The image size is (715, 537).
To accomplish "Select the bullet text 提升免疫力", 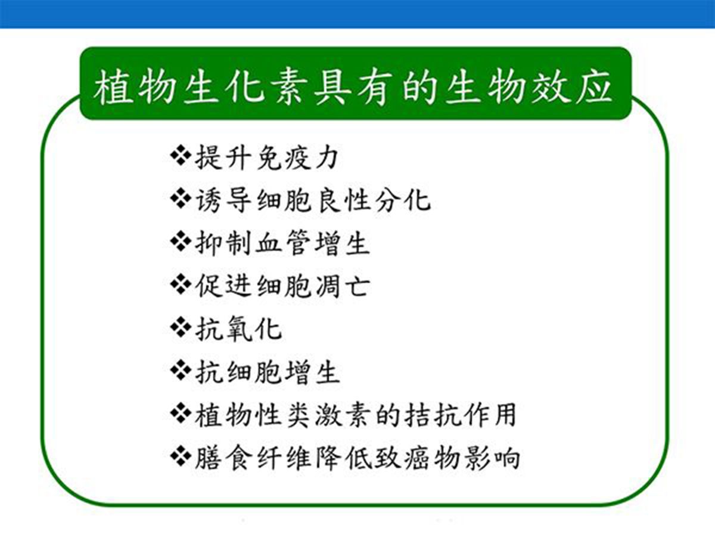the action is [x=266, y=158].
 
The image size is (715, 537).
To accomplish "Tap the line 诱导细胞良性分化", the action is [x=313, y=200].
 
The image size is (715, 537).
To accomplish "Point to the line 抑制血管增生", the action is [x=282, y=243].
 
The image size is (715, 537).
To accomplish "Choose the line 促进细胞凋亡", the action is [x=282, y=286].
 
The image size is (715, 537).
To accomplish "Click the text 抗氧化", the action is [x=238, y=329].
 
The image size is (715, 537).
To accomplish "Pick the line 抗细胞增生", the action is [x=267, y=372].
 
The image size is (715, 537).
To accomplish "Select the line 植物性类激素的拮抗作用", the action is [x=355, y=415].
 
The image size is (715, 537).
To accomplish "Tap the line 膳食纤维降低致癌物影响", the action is [x=357, y=458].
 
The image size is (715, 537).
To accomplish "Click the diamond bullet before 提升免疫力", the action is [x=181, y=156].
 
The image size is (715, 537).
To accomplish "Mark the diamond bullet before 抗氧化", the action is [x=181, y=327].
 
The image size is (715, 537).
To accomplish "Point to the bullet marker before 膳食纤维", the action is [x=181, y=456].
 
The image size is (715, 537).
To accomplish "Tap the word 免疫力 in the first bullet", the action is [x=297, y=158].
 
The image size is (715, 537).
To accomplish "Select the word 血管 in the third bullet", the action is [x=282, y=243].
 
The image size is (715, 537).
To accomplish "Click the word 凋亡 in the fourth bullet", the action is [x=343, y=286].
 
